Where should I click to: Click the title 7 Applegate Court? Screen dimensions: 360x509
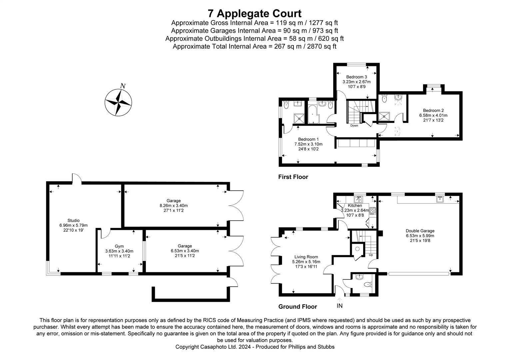click(254, 13)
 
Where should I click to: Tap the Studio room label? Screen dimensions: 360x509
click(73, 220)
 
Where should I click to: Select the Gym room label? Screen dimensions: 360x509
click(119, 246)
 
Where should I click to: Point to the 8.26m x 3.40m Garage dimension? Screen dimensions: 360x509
click(174, 206)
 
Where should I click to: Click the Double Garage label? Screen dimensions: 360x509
click(420, 231)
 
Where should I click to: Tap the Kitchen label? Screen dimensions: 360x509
click(355, 206)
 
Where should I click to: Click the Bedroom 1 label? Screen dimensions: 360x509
click(308, 139)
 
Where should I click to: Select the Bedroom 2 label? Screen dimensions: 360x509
click(433, 110)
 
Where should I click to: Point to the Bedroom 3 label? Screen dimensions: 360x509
click(356, 77)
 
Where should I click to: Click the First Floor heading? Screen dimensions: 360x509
click(293, 177)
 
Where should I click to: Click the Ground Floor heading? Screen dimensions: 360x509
click(297, 307)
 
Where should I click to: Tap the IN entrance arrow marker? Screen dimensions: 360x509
click(339, 300)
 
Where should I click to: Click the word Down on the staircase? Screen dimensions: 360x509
click(354, 126)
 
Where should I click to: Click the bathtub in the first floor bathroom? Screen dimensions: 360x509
click(312, 114)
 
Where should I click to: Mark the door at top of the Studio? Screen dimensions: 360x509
click(77, 178)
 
